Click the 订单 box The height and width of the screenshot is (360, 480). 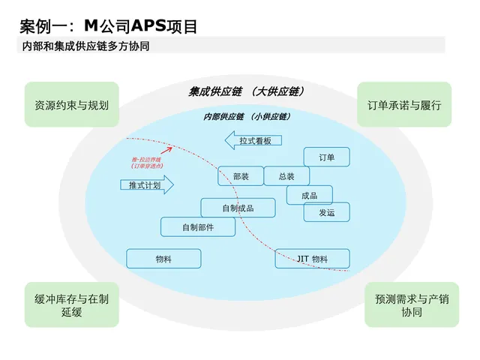326,157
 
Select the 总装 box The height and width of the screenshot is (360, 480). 286,176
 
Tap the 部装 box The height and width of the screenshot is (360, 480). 241,176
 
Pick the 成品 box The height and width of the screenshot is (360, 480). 309,195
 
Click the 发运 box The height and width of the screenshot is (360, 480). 326,212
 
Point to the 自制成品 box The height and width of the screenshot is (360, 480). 238,208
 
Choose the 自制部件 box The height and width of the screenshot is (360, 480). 198,226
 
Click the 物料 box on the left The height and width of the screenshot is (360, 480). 163,259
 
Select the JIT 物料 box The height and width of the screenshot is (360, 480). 312,259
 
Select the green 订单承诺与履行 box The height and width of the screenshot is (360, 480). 404,105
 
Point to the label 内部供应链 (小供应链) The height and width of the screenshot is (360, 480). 247,116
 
